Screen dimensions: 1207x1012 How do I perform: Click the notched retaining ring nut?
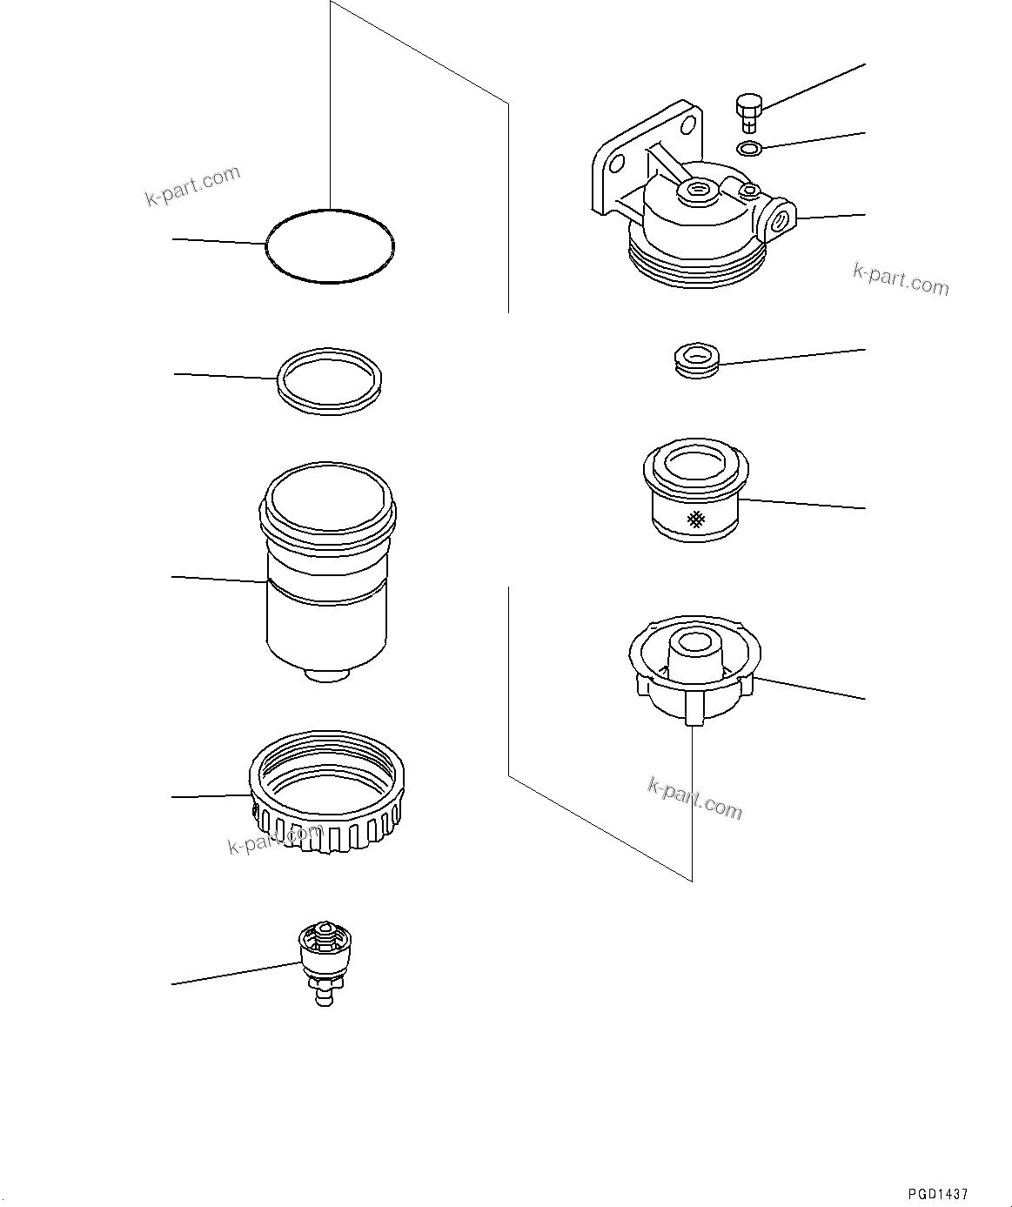tap(326, 814)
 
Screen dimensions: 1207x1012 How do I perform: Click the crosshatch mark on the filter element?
tap(696, 520)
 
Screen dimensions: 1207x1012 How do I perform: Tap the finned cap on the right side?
tap(694, 670)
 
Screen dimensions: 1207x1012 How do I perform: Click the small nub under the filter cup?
tap(327, 674)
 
